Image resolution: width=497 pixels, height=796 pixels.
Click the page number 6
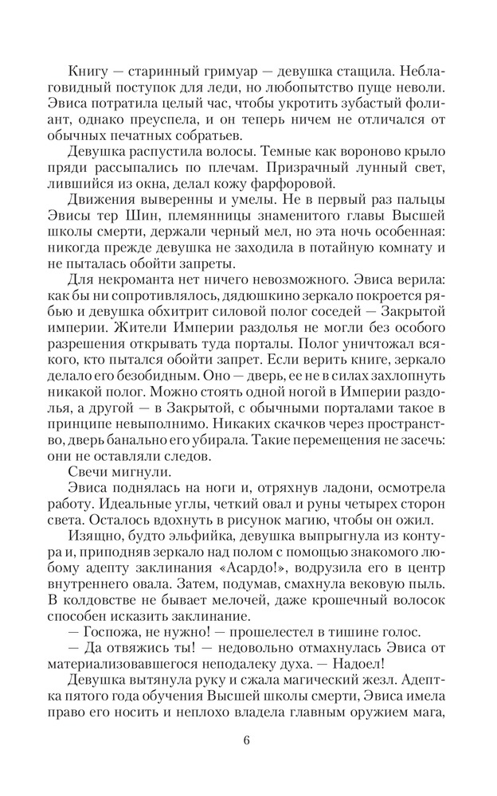click(247, 745)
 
